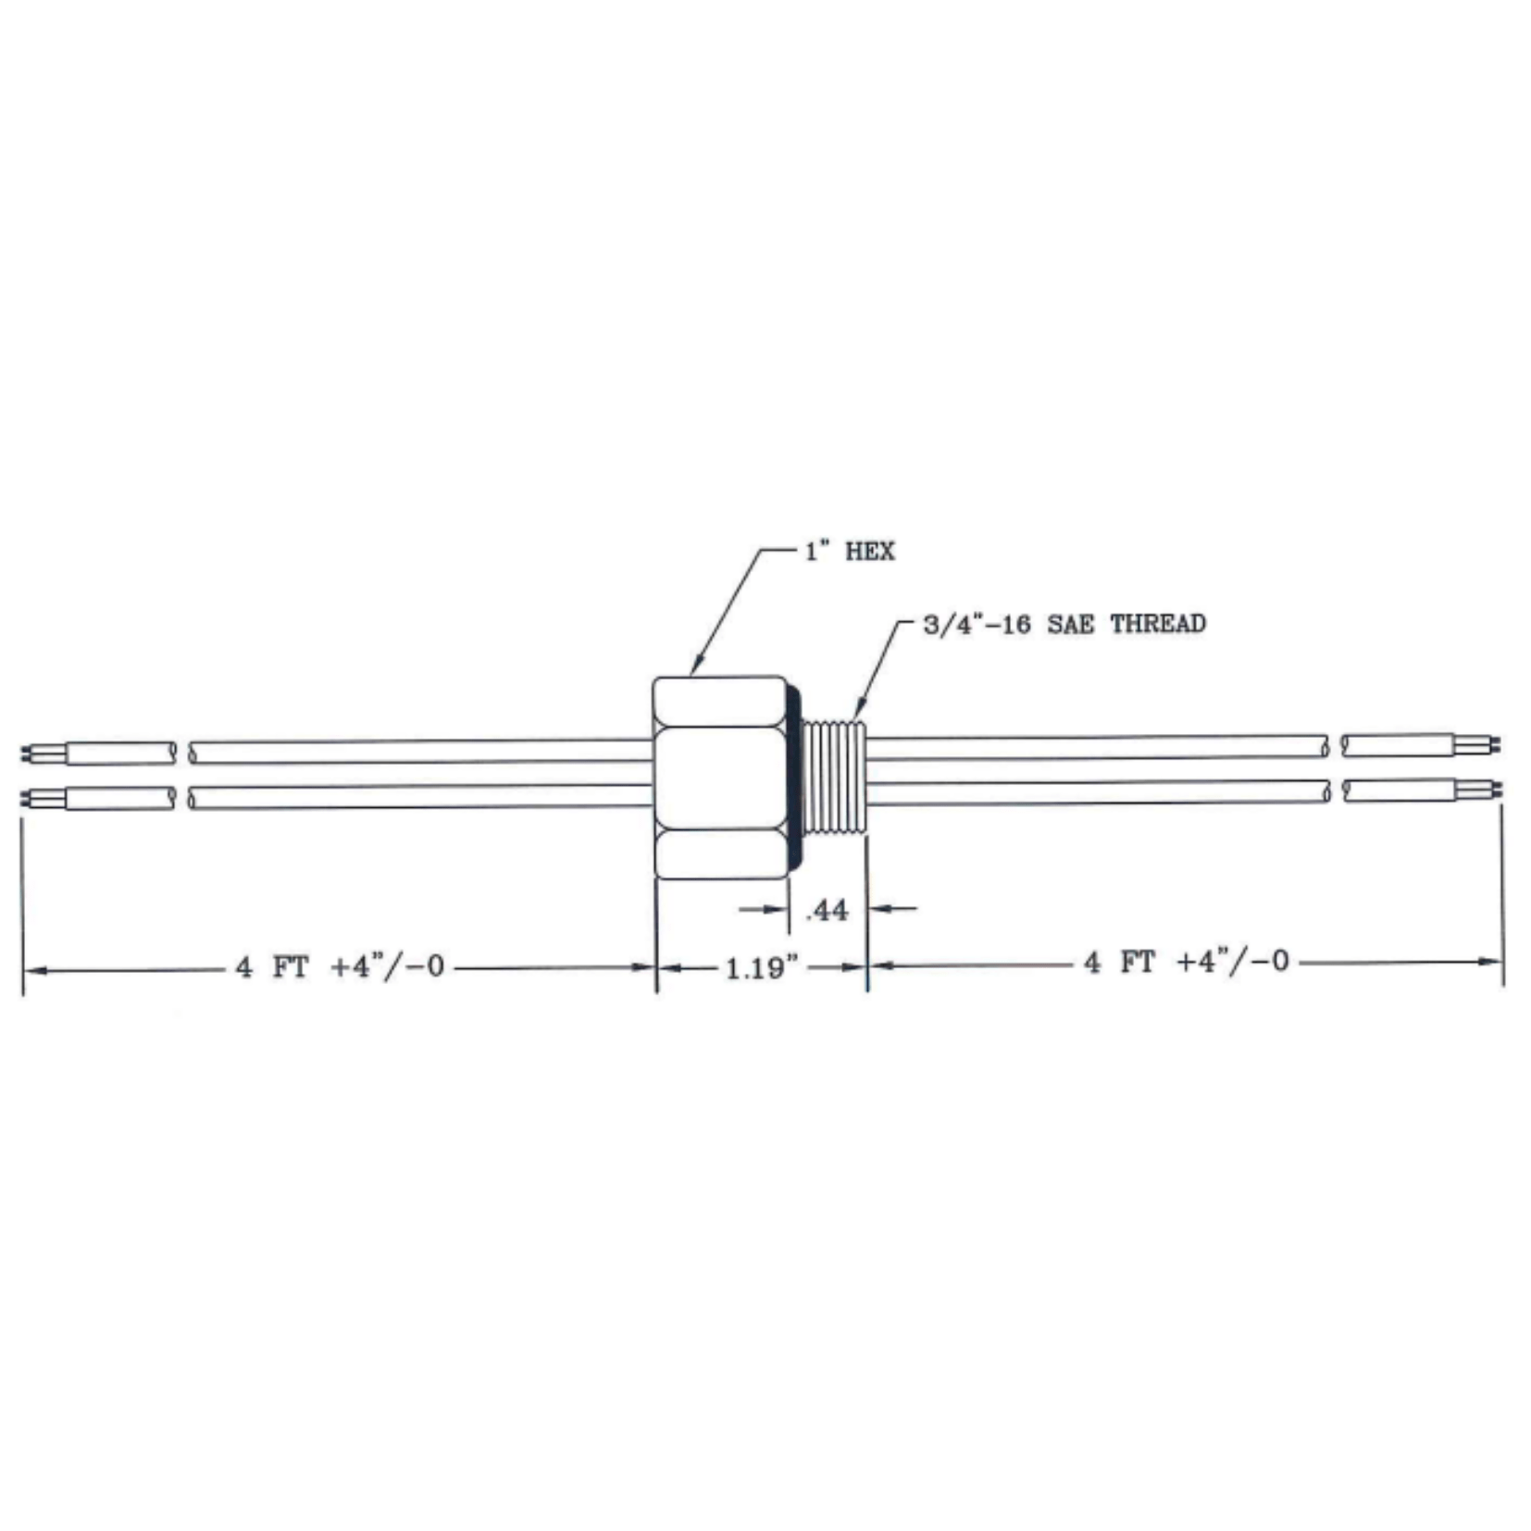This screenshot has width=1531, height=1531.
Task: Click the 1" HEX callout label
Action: (x=849, y=552)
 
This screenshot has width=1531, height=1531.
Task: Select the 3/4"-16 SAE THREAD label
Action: (x=1064, y=623)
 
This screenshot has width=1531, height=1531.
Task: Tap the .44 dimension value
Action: (x=827, y=911)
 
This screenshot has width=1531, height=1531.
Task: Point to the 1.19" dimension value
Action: (x=761, y=968)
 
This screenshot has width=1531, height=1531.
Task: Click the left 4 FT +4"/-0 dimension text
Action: (x=340, y=967)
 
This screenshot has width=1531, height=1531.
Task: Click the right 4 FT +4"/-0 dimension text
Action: (x=1186, y=962)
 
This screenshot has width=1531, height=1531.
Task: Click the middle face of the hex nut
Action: (x=719, y=778)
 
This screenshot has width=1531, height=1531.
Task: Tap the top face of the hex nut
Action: (x=719, y=701)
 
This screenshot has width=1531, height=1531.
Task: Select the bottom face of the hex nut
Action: (x=719, y=853)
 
